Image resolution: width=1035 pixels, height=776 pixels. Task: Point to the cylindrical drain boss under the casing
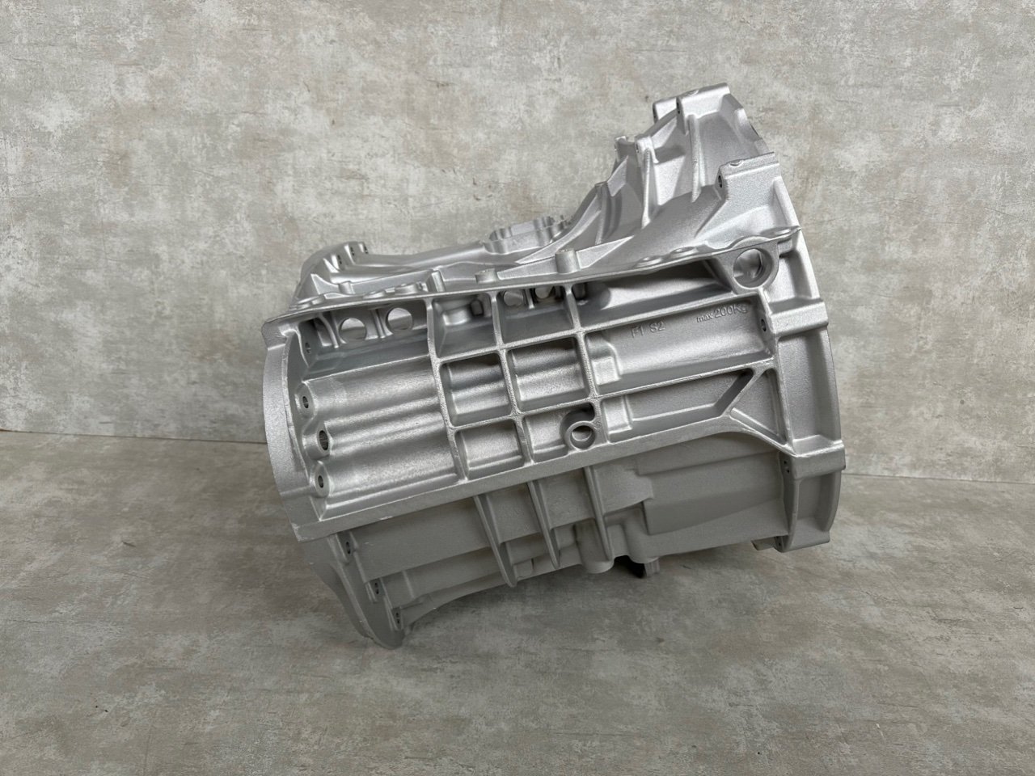pos(623,558)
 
